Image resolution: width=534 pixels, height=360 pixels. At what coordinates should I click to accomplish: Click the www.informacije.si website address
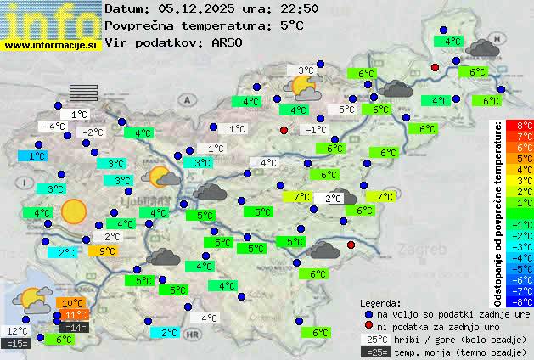pyautogui.click(x=51, y=45)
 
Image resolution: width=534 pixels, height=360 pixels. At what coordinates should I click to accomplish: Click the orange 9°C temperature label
pyautogui.click(x=108, y=250)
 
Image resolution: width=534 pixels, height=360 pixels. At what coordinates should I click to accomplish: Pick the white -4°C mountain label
pyautogui.click(x=55, y=127)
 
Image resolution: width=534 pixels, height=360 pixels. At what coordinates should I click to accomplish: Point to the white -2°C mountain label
pyautogui.click(x=92, y=132)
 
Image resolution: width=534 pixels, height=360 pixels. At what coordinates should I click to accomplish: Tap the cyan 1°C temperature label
pyautogui.click(x=37, y=156)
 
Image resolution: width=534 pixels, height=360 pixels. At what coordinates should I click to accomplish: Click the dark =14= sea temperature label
pyautogui.click(x=74, y=327)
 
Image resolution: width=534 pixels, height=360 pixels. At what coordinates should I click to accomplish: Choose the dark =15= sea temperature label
pyautogui.click(x=16, y=343)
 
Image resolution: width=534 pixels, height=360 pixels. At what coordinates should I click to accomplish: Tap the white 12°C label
pyautogui.click(x=17, y=331)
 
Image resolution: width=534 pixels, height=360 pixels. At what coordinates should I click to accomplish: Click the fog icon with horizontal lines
pyautogui.click(x=84, y=92)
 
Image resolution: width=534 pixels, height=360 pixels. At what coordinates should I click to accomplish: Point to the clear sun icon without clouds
pyautogui.click(x=74, y=211)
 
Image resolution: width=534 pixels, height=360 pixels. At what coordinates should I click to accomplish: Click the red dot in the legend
pyautogui.click(x=368, y=326)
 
